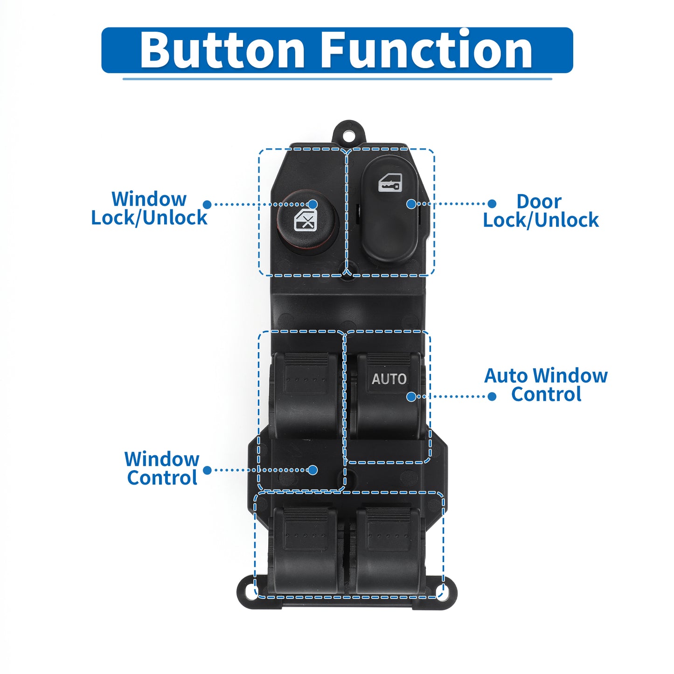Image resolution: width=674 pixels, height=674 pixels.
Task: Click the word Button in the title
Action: coord(222,49)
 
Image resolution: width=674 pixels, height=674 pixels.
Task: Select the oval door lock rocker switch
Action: coord(389,210)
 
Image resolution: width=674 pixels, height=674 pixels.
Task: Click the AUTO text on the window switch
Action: coord(389,379)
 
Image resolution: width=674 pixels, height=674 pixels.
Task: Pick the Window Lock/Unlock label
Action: coord(149,208)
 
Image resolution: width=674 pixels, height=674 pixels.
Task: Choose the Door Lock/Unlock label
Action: coord(541,210)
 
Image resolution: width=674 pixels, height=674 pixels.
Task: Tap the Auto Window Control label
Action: coord(546,385)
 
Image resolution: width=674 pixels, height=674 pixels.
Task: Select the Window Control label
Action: coord(162,468)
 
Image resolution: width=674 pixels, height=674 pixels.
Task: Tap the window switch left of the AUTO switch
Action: coord(306,395)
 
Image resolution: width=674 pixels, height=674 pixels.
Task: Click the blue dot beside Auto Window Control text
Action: coord(492,396)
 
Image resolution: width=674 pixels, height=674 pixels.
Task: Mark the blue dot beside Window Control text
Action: coord(207,470)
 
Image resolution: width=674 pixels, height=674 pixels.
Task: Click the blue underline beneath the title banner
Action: coord(337,79)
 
